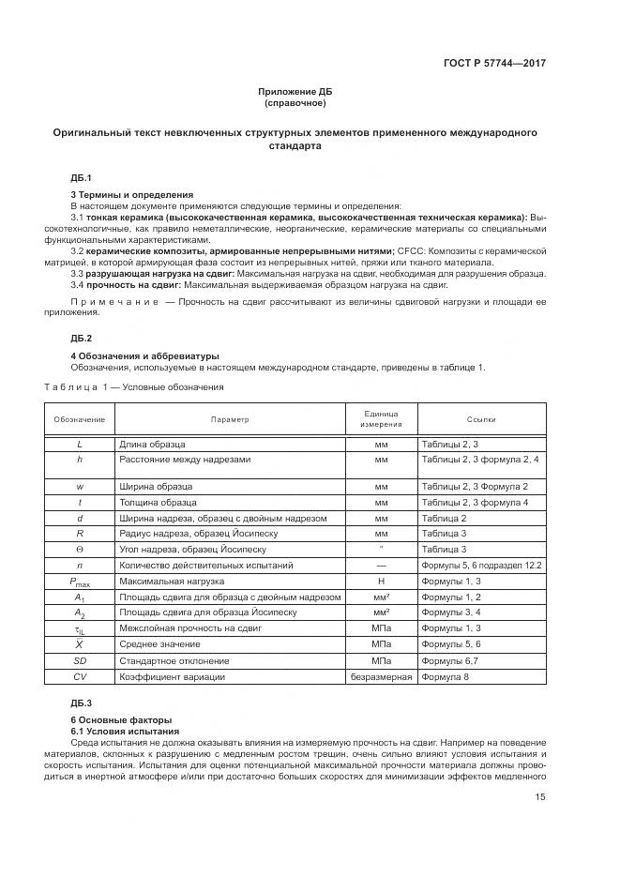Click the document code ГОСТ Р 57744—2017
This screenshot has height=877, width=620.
[x=494, y=63]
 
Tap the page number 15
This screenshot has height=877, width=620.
[x=540, y=797]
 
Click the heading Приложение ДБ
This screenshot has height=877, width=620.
[x=295, y=91]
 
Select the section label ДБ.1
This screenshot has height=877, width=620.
[x=81, y=177]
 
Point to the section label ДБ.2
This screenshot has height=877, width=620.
[x=81, y=337]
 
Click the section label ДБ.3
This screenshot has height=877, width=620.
[x=81, y=703]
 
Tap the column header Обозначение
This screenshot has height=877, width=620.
[x=79, y=419]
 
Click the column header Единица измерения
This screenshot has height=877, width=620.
[x=381, y=419]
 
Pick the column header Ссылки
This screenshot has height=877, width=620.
[x=481, y=419]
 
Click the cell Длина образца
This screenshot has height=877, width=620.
[x=151, y=444]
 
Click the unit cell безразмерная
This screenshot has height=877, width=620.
[x=381, y=676]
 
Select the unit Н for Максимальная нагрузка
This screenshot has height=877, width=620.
[x=381, y=582]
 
